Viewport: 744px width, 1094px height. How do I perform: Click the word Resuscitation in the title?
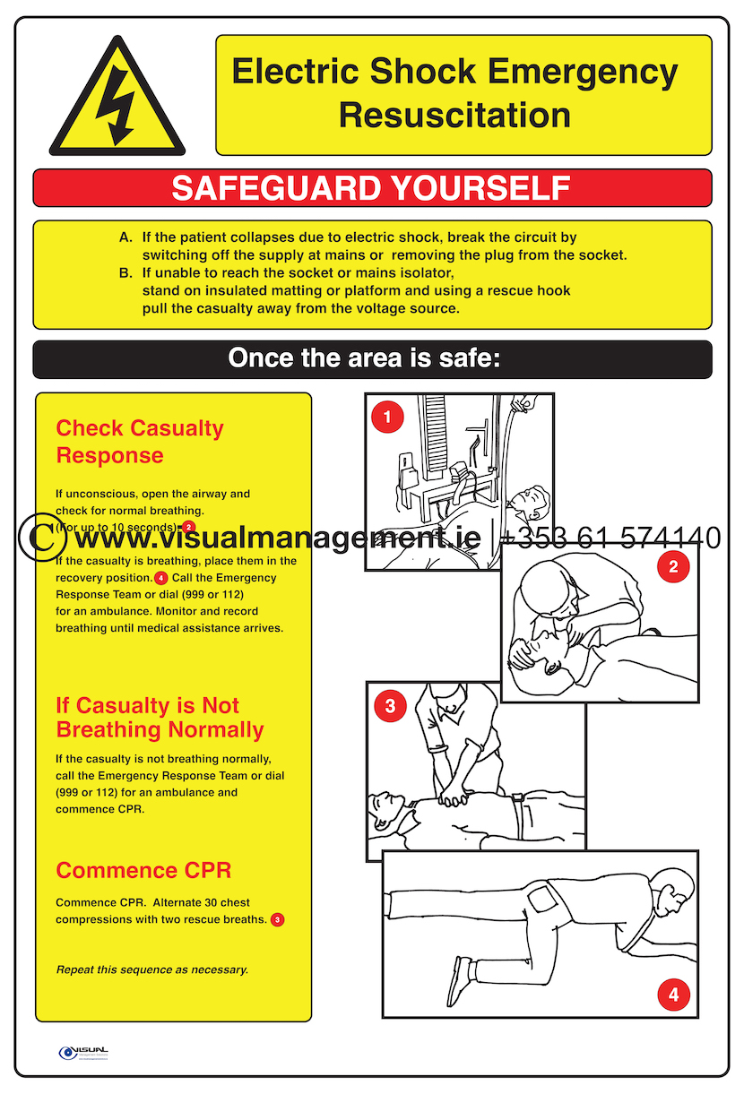click(x=454, y=116)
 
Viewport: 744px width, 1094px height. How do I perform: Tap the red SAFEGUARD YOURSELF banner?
click(x=372, y=188)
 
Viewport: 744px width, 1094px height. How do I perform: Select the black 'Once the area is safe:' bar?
click(x=372, y=358)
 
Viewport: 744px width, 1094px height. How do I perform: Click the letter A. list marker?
click(x=125, y=237)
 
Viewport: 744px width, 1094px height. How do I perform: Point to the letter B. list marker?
click(x=125, y=272)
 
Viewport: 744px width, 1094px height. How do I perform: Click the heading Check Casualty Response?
click(x=139, y=442)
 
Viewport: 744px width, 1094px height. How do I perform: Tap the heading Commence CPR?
click(x=143, y=870)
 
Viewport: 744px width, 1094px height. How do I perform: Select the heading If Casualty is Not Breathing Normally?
click(x=160, y=718)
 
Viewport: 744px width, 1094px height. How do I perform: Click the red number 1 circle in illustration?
click(x=387, y=417)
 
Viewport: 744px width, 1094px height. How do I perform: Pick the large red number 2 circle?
click(x=673, y=565)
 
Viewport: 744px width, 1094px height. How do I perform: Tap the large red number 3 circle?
click(x=390, y=705)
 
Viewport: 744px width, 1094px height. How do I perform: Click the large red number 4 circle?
click(x=673, y=994)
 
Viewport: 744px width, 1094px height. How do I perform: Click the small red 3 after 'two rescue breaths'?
click(x=278, y=919)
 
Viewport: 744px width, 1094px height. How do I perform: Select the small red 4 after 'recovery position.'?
click(x=161, y=578)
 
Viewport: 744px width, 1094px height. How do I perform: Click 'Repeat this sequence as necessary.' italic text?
click(x=152, y=969)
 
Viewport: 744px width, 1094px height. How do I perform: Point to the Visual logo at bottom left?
click(x=82, y=1052)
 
